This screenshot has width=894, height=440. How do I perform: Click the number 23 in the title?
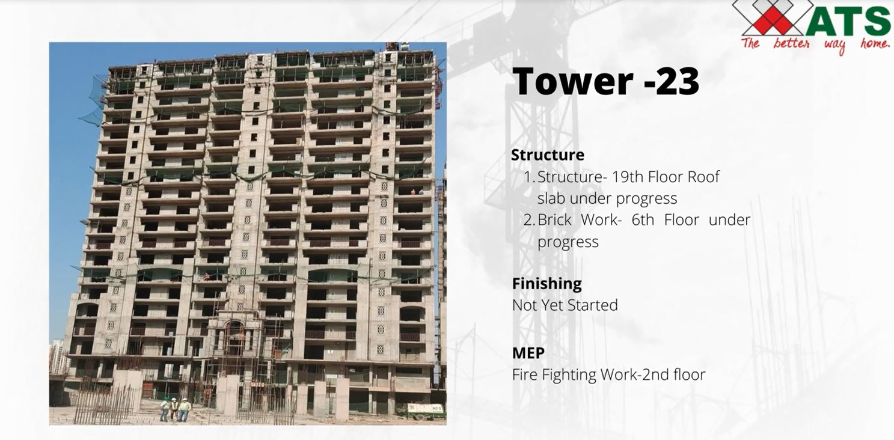pos(677,81)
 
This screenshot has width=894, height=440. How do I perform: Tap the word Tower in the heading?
pos(573,81)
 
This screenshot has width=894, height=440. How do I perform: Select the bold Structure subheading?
pos(548,154)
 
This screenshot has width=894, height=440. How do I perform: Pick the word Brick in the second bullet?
pos(554,220)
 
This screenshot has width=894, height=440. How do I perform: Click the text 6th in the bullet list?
pos(643,220)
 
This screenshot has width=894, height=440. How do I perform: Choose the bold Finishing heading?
pos(547,284)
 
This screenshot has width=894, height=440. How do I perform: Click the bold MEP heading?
pos(528,353)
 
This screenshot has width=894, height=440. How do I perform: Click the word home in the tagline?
pos(874,43)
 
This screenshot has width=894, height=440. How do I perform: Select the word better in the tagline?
pos(791,43)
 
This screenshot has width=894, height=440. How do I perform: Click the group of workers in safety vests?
pos(175,409)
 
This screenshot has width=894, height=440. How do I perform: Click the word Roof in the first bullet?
pos(703,177)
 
